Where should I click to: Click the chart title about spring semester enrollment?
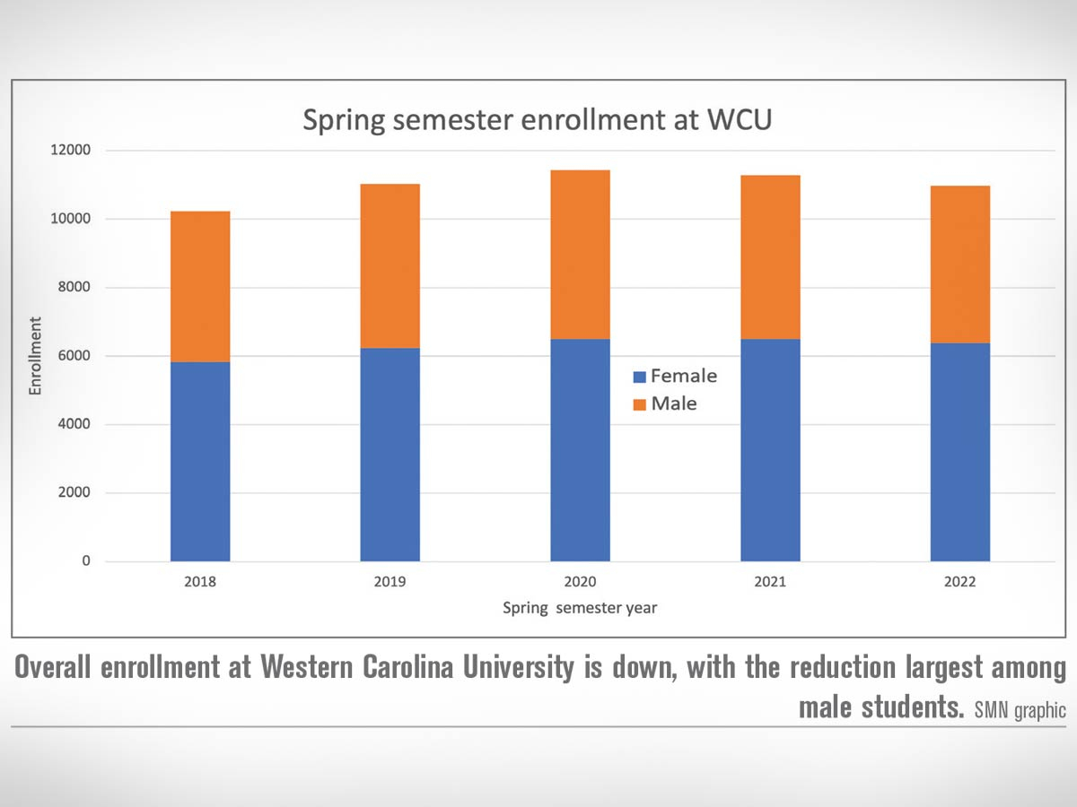[537, 120]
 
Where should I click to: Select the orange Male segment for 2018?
[200, 287]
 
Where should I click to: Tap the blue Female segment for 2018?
[200, 462]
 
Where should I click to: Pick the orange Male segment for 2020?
[580, 255]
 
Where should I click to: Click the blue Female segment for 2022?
[959, 453]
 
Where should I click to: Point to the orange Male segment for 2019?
[390, 266]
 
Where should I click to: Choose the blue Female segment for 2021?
[770, 450]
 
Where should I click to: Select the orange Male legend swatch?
[639, 404]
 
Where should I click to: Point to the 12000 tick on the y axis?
[69, 150]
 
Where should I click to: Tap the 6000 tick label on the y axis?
[73, 356]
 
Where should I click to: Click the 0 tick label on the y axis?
[86, 561]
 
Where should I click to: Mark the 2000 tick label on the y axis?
[73, 493]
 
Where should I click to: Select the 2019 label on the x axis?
[390, 582]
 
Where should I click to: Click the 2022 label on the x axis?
[959, 582]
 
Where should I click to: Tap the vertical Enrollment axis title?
[35, 356]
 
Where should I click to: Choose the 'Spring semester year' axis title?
[579, 608]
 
